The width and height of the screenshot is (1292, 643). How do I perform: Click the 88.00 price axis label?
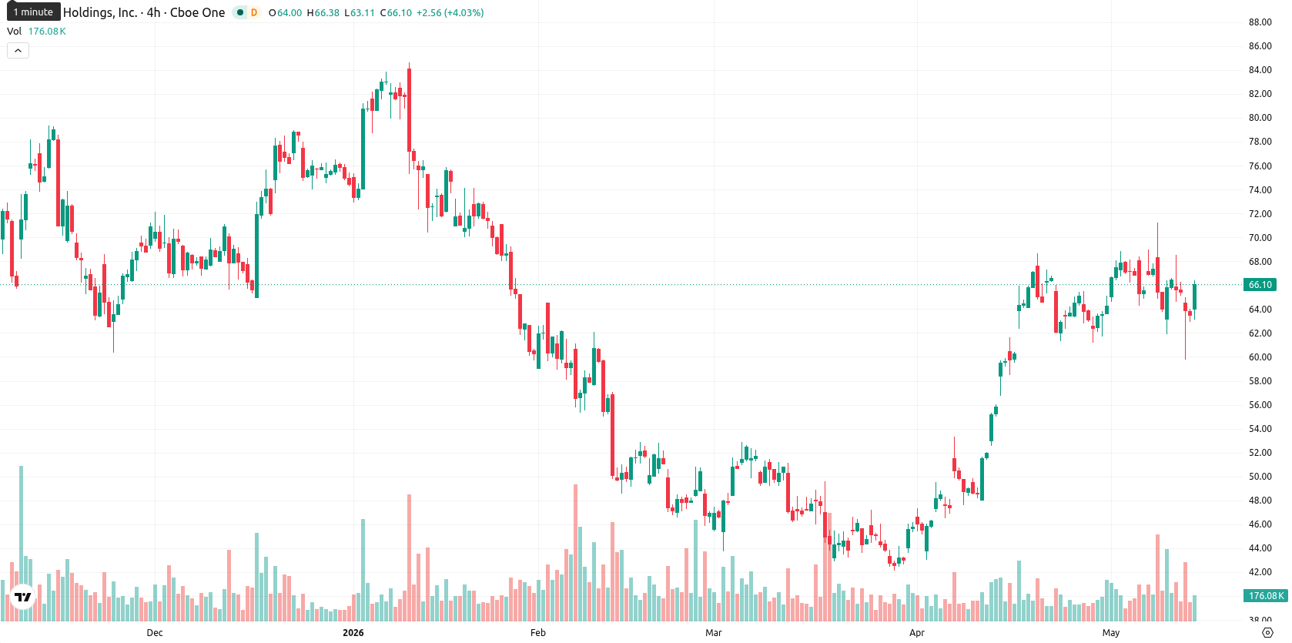(x=1260, y=22)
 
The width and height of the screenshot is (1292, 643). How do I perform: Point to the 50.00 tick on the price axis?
(x=1260, y=477)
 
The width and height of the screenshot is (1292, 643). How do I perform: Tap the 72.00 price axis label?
(x=1260, y=214)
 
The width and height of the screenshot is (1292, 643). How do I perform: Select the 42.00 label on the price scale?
(x=1260, y=572)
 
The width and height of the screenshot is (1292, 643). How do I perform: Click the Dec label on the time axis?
(x=155, y=633)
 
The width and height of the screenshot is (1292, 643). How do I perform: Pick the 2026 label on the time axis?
(x=353, y=633)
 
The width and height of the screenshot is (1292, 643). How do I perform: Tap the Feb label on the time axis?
(x=537, y=633)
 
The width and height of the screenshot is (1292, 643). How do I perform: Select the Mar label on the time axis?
(x=714, y=633)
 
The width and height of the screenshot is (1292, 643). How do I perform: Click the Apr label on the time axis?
(x=916, y=633)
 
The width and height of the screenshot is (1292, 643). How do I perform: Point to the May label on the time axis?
(x=1111, y=633)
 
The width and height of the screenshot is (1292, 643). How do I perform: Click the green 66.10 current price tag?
(x=1260, y=284)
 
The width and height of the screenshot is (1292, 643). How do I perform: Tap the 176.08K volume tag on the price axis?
(x=1265, y=596)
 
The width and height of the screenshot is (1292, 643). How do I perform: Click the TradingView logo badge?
(x=23, y=597)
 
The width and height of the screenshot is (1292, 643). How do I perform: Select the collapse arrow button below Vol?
(x=18, y=51)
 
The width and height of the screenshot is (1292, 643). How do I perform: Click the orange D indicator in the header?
(x=254, y=12)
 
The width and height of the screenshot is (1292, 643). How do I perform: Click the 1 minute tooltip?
(x=33, y=12)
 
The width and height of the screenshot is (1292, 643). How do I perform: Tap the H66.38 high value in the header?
(x=323, y=12)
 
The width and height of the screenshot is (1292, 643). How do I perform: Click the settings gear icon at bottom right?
(x=1267, y=633)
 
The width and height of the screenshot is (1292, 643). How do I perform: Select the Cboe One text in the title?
(x=197, y=12)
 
